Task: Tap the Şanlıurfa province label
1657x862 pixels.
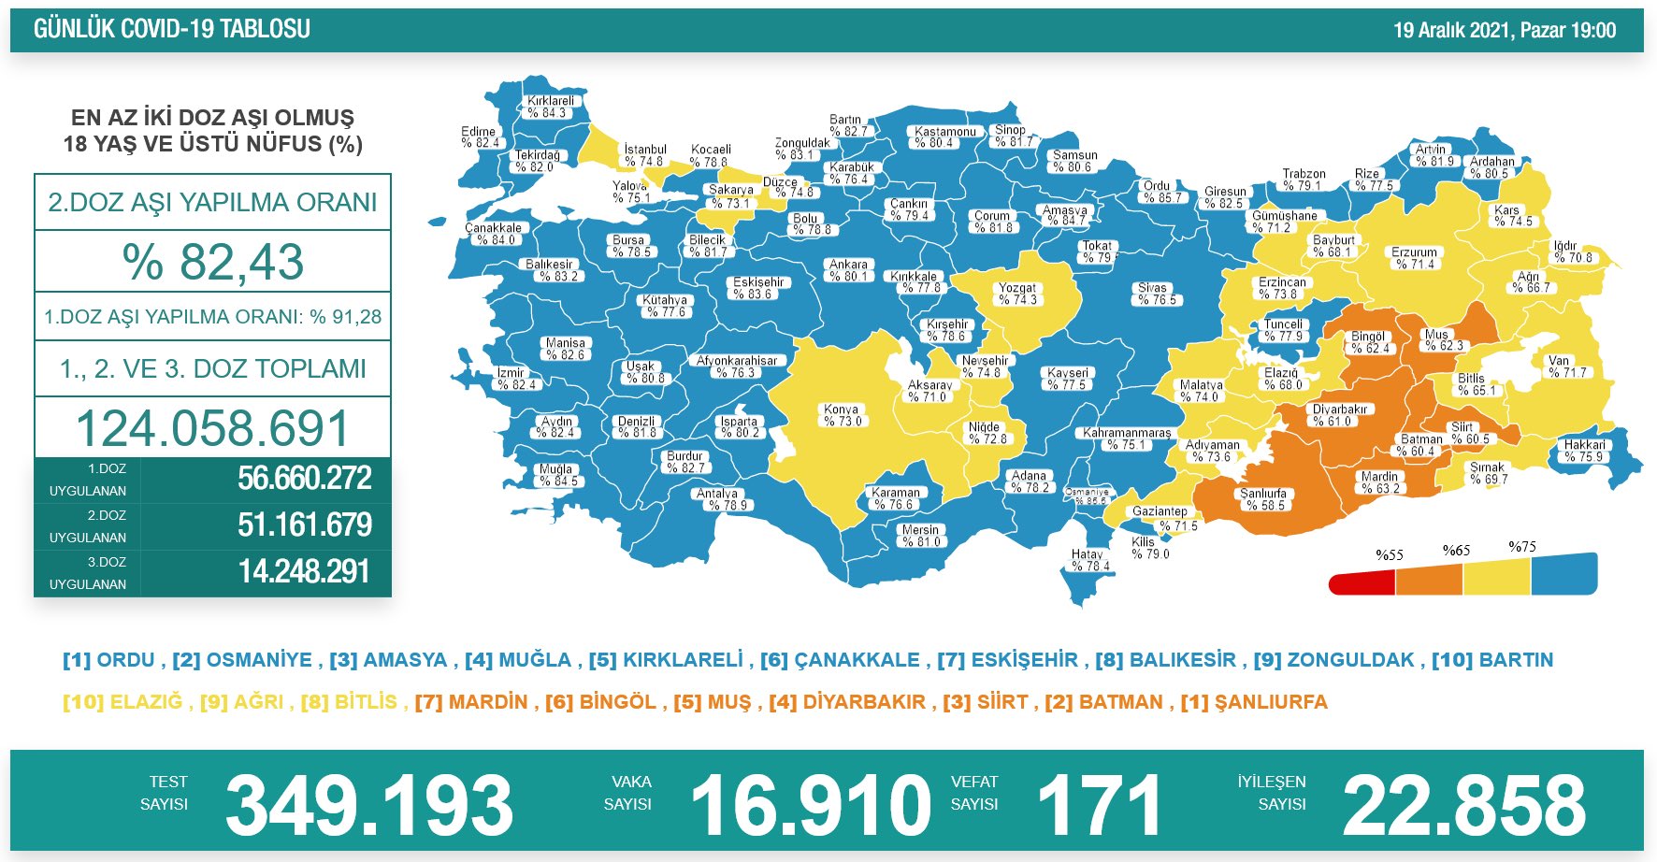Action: tap(1263, 499)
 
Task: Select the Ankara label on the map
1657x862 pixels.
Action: tap(849, 270)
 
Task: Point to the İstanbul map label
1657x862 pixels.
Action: tap(645, 155)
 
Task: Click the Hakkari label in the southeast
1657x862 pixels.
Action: tap(1584, 451)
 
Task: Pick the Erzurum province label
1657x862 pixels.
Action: tap(1414, 258)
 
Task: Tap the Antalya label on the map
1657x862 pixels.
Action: tap(718, 499)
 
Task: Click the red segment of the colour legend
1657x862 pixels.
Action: tap(1362, 584)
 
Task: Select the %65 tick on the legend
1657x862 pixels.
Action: tap(1456, 551)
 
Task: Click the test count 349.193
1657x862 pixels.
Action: tap(369, 805)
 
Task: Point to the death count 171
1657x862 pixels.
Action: tap(1099, 805)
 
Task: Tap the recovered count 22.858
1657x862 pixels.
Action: tap(1464, 805)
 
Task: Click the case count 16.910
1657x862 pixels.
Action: tap(811, 805)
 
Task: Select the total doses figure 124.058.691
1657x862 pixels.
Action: tap(212, 428)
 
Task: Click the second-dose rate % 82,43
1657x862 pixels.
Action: tap(212, 262)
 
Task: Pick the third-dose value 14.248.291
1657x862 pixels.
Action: tap(304, 571)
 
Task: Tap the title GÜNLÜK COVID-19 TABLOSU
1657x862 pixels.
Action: tap(172, 29)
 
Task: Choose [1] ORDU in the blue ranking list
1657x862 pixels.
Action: tap(108, 660)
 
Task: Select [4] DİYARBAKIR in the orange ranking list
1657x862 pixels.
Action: tap(847, 702)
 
